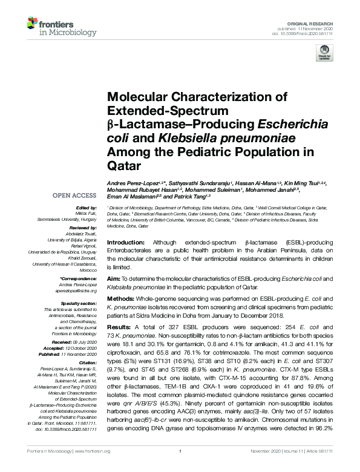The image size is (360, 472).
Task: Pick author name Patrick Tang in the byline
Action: [x=193, y=196]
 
